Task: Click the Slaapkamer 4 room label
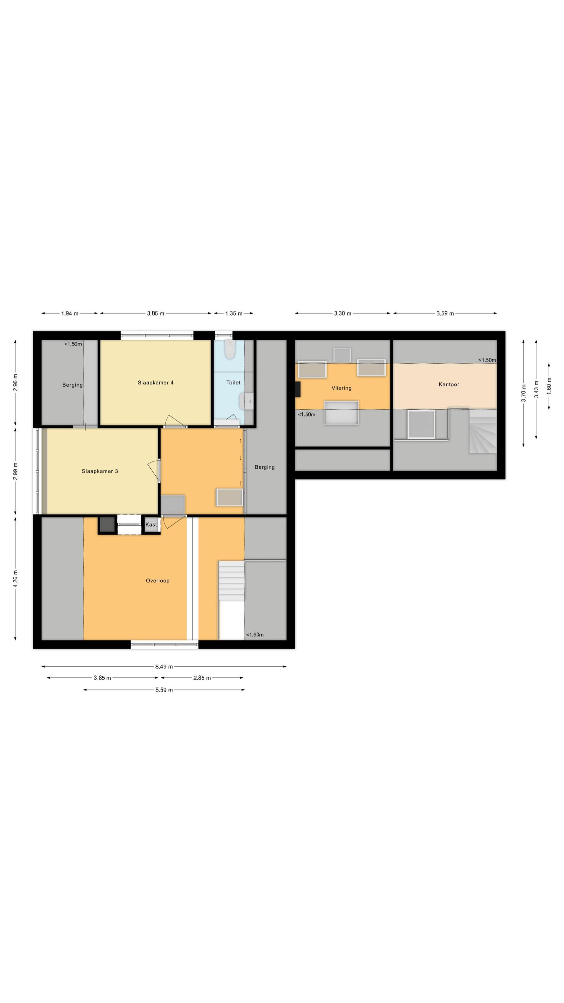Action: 155,382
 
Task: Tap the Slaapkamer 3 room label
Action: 100,471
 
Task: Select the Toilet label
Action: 234,382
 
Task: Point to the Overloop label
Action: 158,580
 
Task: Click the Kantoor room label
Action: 449,384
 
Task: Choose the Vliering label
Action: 341,388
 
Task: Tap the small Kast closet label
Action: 151,525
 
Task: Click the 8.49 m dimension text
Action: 164,667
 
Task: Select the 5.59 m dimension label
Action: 164,690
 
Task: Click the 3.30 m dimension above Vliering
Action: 342,314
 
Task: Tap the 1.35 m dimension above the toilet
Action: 234,314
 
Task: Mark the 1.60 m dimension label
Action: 549,386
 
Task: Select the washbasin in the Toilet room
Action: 246,401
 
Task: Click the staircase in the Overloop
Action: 231,580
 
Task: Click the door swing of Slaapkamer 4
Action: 175,421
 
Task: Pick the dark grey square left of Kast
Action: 107,525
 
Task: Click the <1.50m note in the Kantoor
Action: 487,360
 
